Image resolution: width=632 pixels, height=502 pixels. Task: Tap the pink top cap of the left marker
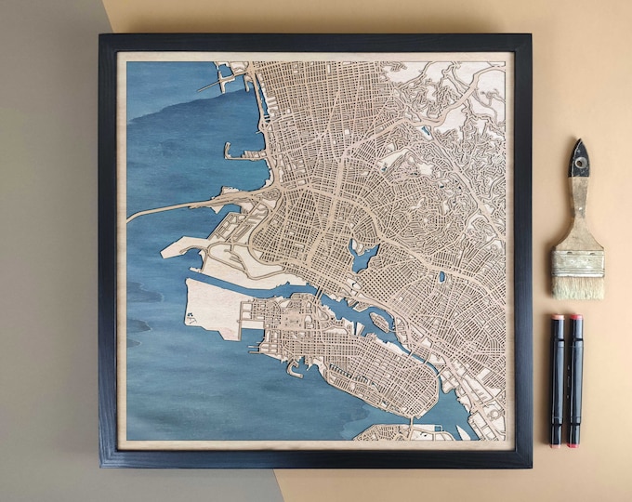pyautogui.click(x=558, y=325)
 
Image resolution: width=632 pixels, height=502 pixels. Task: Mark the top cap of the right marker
pyautogui.click(x=576, y=325)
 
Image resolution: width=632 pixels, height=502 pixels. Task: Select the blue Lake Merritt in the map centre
pyautogui.click(x=362, y=255)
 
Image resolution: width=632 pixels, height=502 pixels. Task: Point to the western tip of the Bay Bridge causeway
pyautogui.click(x=131, y=218)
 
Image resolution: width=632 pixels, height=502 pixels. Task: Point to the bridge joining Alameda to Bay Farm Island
pyautogui.click(x=409, y=429)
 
